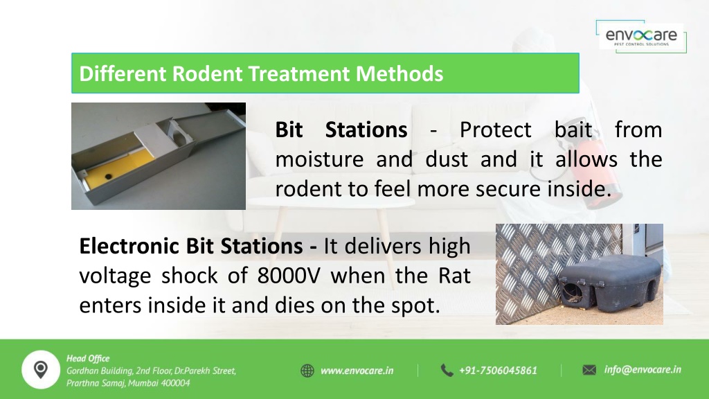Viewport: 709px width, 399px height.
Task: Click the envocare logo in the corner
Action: [641, 36]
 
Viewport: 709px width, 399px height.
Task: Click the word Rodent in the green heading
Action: [206, 73]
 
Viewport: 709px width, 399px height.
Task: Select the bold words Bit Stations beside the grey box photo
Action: [341, 130]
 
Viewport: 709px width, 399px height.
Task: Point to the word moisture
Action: [319, 160]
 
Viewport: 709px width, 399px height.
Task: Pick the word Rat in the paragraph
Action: [454, 276]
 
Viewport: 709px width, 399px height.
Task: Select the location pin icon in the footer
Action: [41, 370]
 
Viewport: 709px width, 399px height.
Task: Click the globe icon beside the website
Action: [307, 371]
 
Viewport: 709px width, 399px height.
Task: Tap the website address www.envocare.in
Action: [357, 371]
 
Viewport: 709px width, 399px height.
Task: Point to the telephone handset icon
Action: [447, 371]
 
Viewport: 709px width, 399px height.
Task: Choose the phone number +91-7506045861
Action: [498, 371]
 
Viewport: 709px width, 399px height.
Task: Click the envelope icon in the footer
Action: [589, 370]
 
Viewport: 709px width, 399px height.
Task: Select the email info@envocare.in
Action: [643, 370]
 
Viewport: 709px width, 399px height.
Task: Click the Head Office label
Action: [88, 359]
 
